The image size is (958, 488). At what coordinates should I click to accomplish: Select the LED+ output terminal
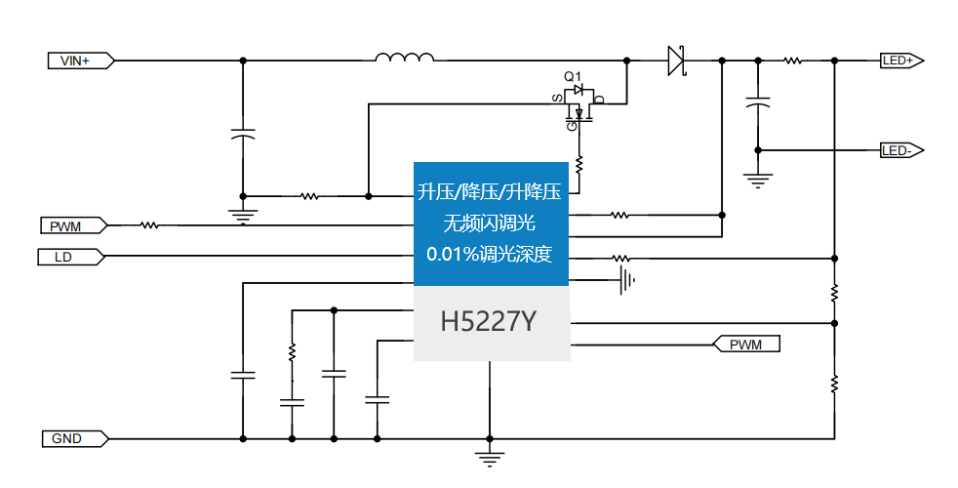pyautogui.click(x=900, y=61)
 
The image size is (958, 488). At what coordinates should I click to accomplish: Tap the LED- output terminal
pyautogui.click(x=900, y=150)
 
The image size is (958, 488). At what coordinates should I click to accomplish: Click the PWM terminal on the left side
pyautogui.click(x=73, y=226)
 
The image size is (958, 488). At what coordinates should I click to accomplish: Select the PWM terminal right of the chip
pyautogui.click(x=747, y=345)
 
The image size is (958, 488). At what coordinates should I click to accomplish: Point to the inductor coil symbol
pyautogui.click(x=405, y=59)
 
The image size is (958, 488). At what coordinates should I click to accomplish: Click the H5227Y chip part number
pyautogui.click(x=489, y=322)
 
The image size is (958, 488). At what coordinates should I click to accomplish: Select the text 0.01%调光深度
pyautogui.click(x=490, y=255)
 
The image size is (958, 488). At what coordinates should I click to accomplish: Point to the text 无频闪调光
pyautogui.click(x=490, y=224)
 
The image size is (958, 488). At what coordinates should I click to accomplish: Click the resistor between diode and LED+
pyautogui.click(x=793, y=61)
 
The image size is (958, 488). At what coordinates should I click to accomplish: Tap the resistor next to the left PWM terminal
pyautogui.click(x=149, y=226)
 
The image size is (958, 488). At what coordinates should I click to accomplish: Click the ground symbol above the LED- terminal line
pyautogui.click(x=757, y=178)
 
